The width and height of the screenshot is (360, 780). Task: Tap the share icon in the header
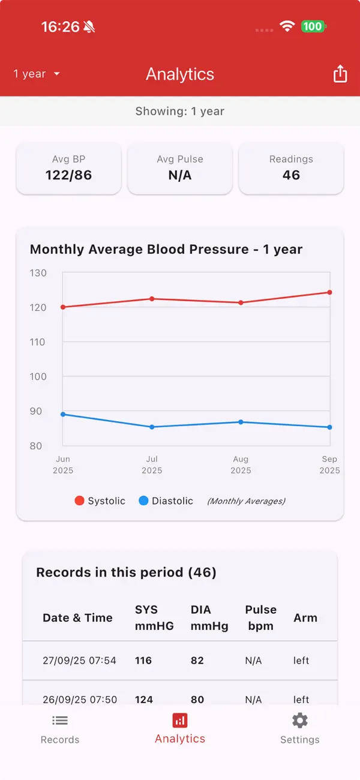[340, 74]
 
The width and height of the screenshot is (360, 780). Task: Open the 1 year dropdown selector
[37, 74]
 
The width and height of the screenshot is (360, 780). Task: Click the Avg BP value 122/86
[68, 175]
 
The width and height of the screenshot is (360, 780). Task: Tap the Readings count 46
[291, 175]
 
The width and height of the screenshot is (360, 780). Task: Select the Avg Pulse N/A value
[180, 175]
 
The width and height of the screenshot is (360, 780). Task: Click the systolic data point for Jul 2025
[152, 299]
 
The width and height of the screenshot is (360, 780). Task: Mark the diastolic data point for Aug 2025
[241, 422]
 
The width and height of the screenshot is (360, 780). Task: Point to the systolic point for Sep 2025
[330, 292]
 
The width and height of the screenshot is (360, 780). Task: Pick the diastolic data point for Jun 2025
[63, 415]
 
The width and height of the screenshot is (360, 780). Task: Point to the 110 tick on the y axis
[38, 342]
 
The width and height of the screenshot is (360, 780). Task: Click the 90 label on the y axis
[36, 411]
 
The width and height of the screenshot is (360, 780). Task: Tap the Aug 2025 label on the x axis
[241, 464]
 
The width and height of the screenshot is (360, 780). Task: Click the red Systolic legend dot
[79, 501]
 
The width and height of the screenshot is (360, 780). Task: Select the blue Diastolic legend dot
[143, 501]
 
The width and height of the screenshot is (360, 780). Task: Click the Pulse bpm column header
[261, 618]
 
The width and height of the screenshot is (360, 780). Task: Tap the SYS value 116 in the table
[143, 661]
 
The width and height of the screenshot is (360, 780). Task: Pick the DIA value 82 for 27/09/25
[197, 661]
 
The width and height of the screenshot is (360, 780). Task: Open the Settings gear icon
[300, 720]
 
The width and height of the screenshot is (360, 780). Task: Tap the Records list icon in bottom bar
[60, 720]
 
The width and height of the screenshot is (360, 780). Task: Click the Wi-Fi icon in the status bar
[287, 26]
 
